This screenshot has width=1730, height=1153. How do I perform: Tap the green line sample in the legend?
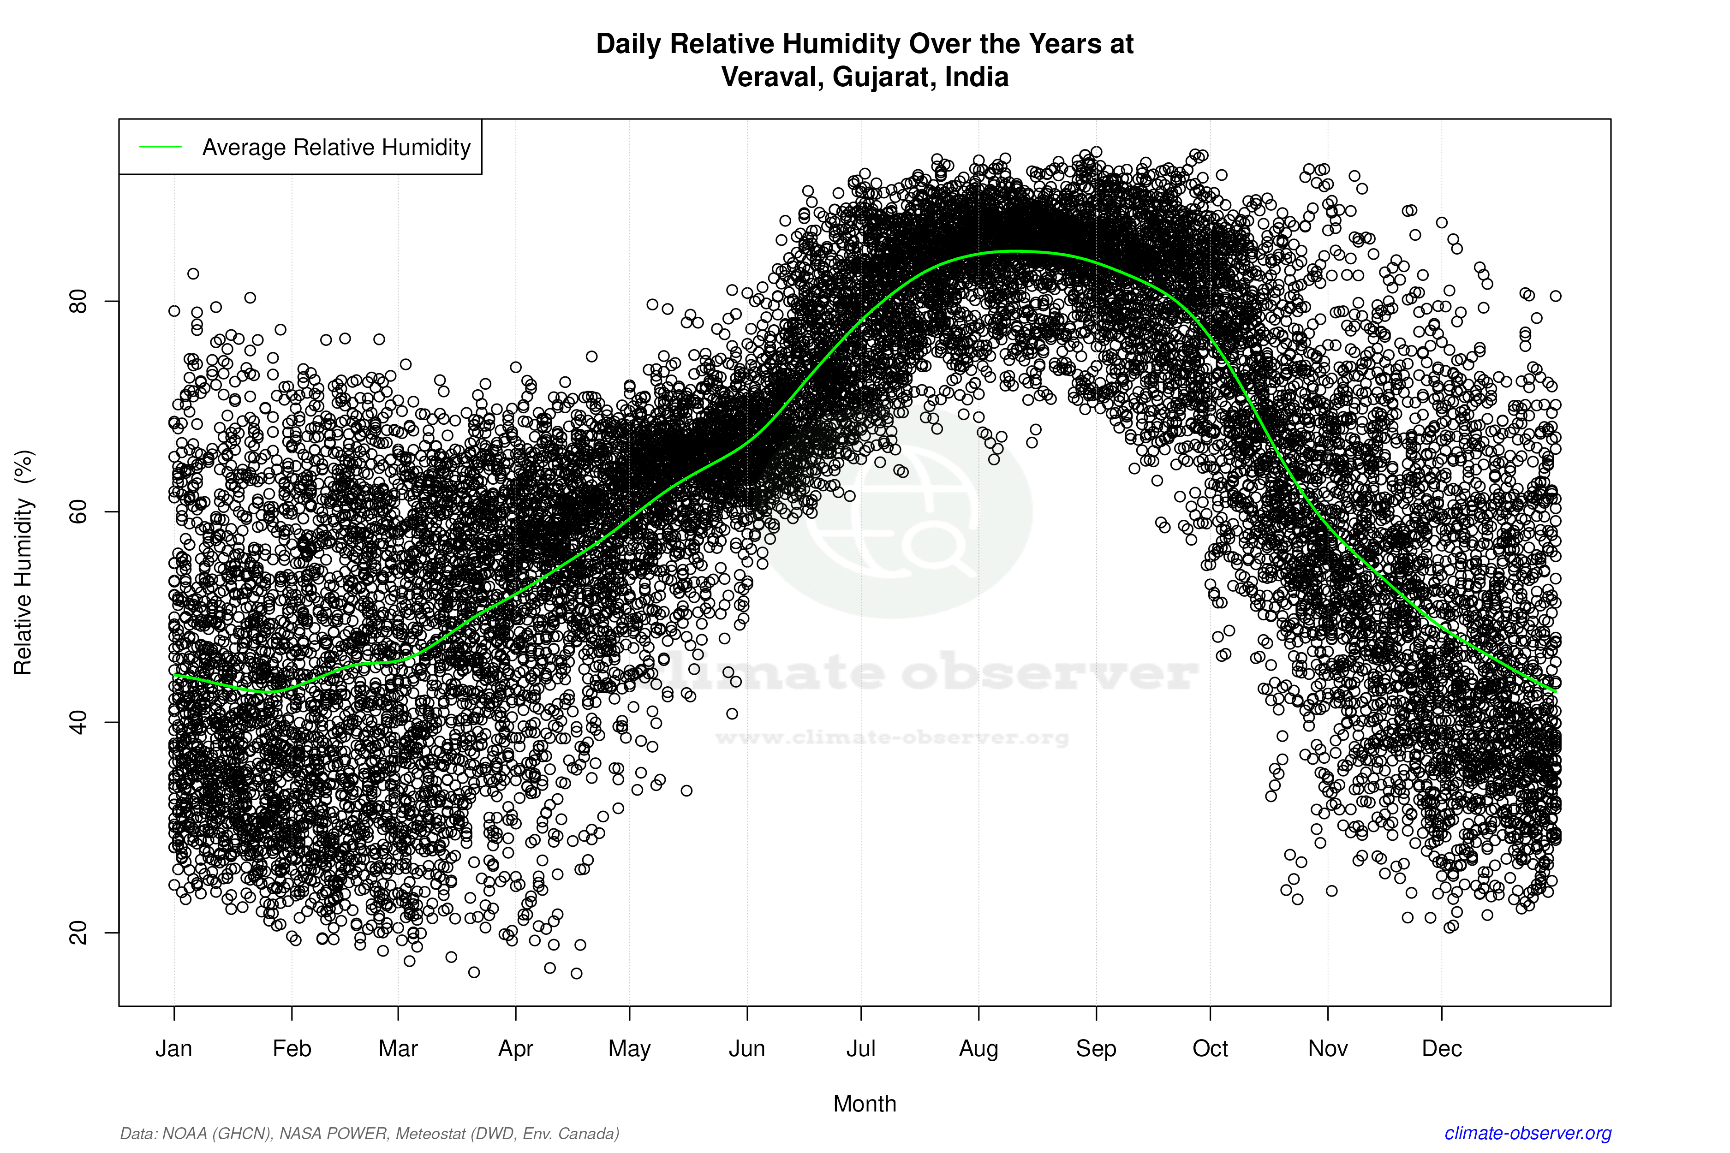(161, 147)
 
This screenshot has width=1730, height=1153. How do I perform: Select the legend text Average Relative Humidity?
(336, 147)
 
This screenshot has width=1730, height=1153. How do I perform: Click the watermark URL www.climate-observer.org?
(891, 737)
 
